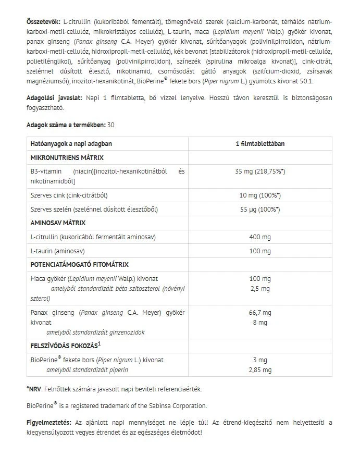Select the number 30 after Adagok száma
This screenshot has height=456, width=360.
coord(111,125)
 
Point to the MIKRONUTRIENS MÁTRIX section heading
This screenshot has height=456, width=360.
coord(67,157)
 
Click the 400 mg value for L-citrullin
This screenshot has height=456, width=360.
coord(257,237)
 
